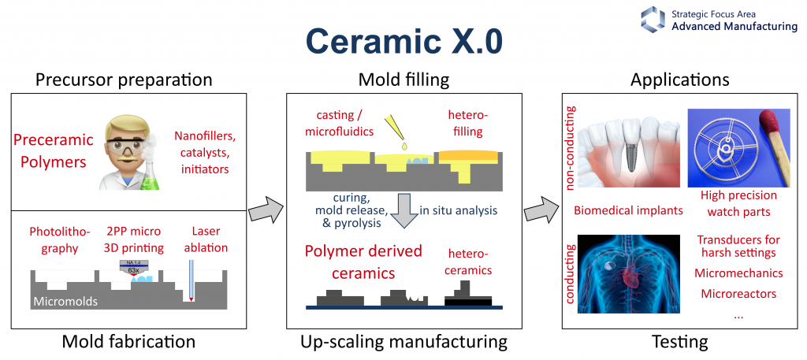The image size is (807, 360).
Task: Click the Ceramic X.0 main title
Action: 403,41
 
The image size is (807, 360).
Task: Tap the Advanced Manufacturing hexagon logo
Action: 653,19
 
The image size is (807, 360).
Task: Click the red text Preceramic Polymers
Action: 52,151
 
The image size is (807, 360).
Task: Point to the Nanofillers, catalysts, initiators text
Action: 204,151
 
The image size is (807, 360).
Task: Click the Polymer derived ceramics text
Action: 363,263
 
